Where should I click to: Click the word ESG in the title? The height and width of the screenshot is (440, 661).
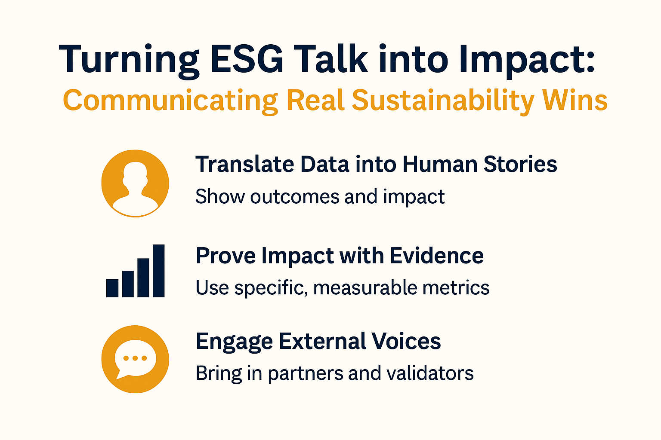click(247, 59)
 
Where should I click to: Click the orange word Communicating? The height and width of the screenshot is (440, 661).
click(170, 101)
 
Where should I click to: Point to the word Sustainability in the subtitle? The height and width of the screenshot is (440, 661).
click(443, 101)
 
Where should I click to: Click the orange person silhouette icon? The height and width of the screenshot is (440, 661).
click(135, 183)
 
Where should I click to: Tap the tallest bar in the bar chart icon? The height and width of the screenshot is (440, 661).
click(158, 271)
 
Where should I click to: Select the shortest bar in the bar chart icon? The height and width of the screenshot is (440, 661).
click(112, 288)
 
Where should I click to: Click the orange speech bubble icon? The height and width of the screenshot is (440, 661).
click(135, 359)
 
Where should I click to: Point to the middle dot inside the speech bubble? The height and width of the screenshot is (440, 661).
click(135, 358)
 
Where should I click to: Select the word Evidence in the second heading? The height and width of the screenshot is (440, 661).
click(436, 256)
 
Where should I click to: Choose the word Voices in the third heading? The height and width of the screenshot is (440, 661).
click(406, 341)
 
